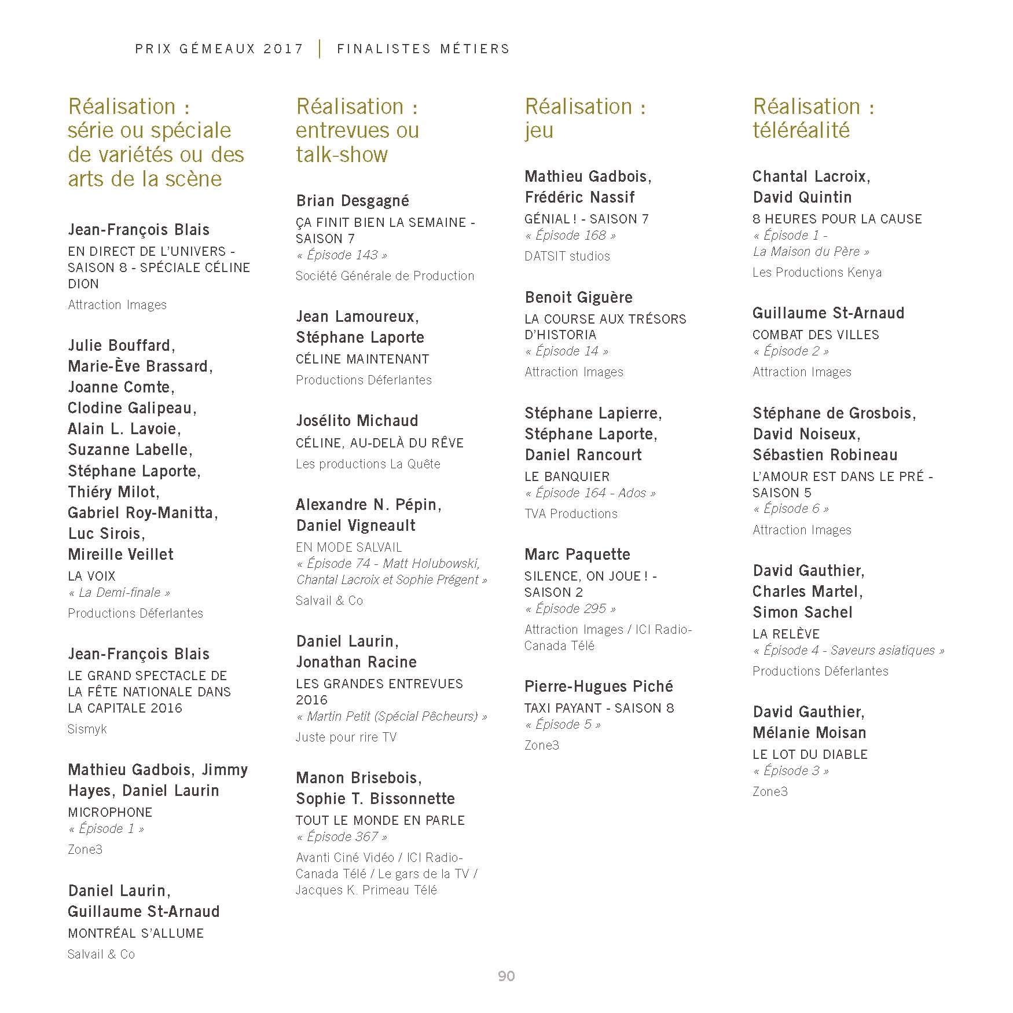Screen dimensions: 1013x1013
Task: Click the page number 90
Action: point(506,976)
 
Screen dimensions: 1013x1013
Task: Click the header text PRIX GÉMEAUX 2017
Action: point(219,49)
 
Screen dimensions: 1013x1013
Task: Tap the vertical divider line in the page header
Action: point(320,49)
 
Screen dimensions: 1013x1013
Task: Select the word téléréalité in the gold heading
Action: point(801,130)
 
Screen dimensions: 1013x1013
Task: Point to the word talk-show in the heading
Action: point(342,155)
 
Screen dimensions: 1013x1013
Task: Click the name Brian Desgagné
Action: point(353,201)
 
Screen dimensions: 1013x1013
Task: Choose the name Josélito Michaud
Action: point(357,421)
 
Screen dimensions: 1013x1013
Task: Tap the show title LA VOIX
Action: point(91,576)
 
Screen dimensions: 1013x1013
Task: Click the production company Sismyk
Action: point(87,729)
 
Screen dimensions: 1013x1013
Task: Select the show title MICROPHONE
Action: point(110,812)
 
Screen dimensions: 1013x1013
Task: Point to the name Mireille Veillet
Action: point(120,555)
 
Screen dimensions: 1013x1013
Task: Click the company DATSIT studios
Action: point(567,256)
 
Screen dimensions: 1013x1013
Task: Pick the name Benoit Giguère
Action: point(579,298)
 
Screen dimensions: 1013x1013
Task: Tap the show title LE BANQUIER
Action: point(567,476)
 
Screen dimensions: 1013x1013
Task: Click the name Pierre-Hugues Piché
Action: point(599,687)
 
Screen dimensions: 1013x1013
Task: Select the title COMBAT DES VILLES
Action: point(816,335)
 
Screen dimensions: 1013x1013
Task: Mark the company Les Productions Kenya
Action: point(817,272)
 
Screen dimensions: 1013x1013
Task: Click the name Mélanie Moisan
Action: point(809,733)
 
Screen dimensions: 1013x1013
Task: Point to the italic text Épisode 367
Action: point(342,836)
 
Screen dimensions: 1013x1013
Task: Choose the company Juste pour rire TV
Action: point(346,737)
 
